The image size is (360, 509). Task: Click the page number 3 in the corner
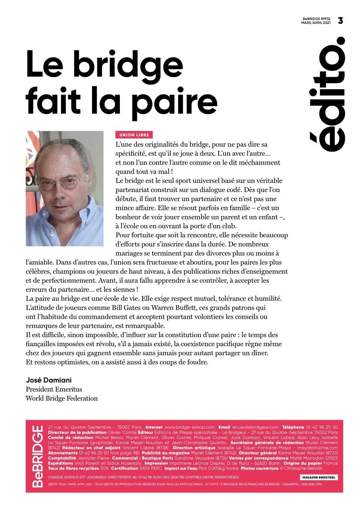(x=340, y=20)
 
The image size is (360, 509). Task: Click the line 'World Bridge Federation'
(x=61, y=398)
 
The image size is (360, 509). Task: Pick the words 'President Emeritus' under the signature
(x=54, y=389)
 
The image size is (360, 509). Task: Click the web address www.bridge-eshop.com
(x=190, y=428)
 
